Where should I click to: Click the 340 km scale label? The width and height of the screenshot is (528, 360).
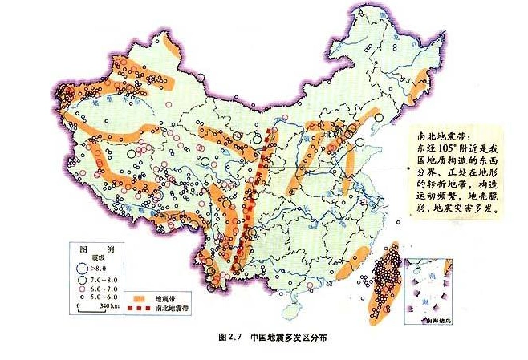104,306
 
